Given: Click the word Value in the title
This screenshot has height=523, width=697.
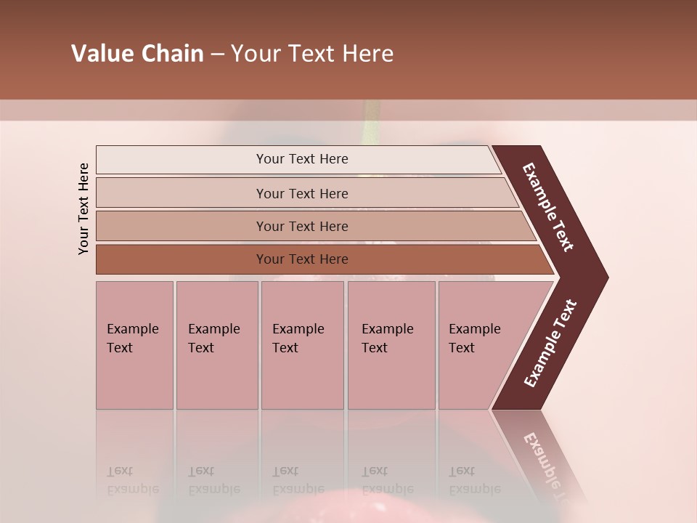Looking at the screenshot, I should (102, 54).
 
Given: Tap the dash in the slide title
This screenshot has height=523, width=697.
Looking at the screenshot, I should (217, 54).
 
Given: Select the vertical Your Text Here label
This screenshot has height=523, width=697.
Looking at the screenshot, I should (83, 208).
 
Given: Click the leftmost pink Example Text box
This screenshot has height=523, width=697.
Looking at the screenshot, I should (134, 345).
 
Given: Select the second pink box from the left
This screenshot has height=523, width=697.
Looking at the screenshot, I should (217, 345).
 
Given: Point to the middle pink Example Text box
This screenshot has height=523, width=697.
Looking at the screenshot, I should (302, 345).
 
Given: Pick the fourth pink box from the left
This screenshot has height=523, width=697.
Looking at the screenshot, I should (391, 345).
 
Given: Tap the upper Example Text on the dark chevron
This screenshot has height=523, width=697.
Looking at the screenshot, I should (549, 207).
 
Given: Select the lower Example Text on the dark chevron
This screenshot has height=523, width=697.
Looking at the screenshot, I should (550, 343).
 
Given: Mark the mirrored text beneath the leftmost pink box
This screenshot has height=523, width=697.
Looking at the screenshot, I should (133, 480).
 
